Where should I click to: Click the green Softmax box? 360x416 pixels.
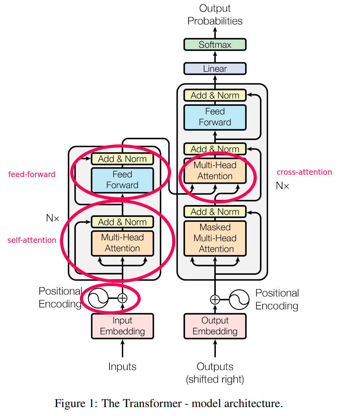(215, 45)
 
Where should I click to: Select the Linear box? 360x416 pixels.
(215, 69)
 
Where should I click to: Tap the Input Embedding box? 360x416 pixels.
(122, 326)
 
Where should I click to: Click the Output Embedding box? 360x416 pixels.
(215, 326)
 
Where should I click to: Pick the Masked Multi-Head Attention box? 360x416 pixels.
(215, 238)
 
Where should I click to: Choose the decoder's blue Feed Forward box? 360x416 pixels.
(215, 117)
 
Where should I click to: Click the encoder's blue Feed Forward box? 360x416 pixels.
(122, 180)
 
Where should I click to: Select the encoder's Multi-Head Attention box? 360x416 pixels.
(122, 243)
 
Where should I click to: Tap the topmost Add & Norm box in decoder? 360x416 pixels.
(215, 95)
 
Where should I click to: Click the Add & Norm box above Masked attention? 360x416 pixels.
(215, 212)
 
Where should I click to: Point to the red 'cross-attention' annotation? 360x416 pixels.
(304, 172)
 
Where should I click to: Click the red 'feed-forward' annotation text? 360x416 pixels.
(32, 174)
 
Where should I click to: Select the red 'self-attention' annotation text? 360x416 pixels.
(32, 240)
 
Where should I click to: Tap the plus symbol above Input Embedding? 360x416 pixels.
(122, 298)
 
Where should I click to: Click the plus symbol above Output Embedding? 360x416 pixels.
(215, 299)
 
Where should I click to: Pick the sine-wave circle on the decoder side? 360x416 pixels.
(239, 299)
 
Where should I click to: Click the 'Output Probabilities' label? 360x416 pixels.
(215, 15)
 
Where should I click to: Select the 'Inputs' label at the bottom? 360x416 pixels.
(122, 367)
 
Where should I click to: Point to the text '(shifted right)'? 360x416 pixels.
(215, 379)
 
